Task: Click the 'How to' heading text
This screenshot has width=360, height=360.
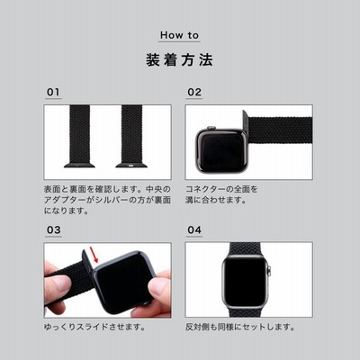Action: [179, 35]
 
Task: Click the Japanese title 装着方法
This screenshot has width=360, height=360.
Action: [179, 59]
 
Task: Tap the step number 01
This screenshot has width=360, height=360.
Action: [53, 92]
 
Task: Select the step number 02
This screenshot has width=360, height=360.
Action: [194, 92]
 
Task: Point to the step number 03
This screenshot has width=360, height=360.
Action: [53, 230]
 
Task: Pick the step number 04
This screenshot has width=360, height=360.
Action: [194, 230]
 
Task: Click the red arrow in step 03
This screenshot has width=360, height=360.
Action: [94, 254]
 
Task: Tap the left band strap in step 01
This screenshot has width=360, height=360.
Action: [79, 134]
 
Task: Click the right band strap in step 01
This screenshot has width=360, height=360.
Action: [131, 134]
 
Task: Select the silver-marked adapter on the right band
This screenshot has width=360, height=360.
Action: [131, 165]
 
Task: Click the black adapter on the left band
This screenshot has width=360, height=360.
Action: [79, 165]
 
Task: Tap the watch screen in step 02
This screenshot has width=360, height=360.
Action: [221, 149]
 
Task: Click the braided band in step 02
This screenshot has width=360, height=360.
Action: [280, 130]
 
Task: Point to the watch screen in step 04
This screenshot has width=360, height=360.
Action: [246, 281]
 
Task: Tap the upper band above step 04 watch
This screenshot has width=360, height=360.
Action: [246, 248]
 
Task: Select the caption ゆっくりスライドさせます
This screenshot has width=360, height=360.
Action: [94, 327]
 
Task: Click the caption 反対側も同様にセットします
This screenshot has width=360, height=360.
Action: [240, 327]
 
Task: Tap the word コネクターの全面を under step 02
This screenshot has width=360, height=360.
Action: [221, 189]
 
